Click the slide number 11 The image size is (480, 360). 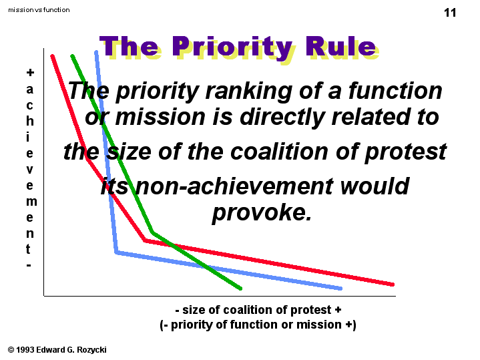pos(450,13)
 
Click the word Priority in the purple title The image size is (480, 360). pos(232,48)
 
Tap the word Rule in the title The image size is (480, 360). pos(340,47)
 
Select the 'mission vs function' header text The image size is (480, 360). pos(39,10)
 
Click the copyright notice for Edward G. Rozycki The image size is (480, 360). pos(57,349)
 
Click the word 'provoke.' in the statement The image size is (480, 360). pos(262,212)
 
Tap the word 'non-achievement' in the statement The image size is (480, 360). pos(234,186)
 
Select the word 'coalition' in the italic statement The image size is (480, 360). pos(279,152)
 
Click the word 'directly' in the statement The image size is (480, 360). pos(282,118)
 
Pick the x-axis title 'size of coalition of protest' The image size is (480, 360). pos(258,310)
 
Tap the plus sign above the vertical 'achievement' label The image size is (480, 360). pos(30,73)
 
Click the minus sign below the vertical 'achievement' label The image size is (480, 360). pos(29,265)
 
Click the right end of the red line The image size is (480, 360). pos(393,285)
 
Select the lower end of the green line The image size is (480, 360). pos(240,289)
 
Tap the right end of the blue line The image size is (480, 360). pos(340,289)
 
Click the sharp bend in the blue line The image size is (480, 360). pos(116,252)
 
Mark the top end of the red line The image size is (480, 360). pos(52,56)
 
